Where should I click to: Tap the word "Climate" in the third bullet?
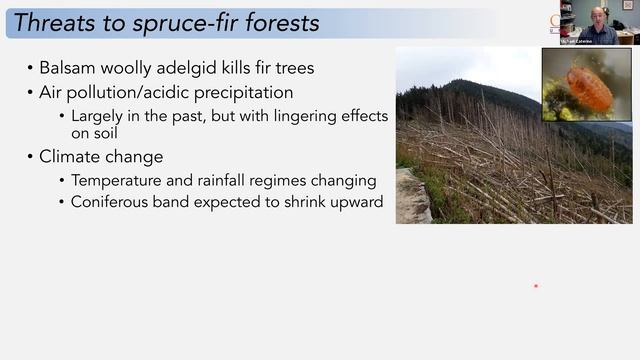click(x=72, y=157)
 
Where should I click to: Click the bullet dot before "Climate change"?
click(x=29, y=157)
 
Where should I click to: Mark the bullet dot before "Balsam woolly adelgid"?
click(x=29, y=68)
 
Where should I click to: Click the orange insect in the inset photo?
click(x=588, y=88)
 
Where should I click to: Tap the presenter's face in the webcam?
click(x=598, y=16)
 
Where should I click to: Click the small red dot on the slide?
click(x=536, y=286)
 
